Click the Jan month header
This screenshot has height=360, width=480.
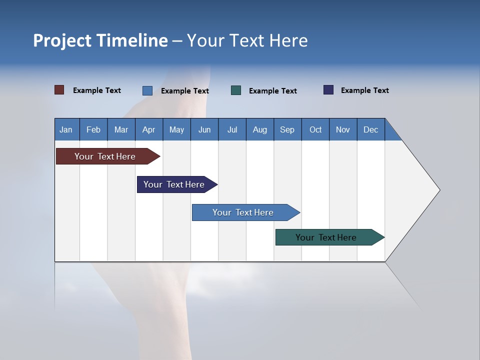click(66, 130)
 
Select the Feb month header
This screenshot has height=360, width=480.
click(93, 130)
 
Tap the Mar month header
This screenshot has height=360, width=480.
click(121, 130)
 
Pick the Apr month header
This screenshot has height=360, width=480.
click(149, 130)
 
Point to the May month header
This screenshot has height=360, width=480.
click(176, 130)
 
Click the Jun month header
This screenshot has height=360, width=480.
click(204, 130)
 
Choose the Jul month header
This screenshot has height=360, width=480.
click(232, 130)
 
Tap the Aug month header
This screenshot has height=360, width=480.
click(260, 130)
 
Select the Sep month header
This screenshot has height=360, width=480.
click(287, 130)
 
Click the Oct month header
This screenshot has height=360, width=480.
click(315, 130)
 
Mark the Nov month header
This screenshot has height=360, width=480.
click(343, 130)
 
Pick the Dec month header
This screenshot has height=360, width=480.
click(371, 130)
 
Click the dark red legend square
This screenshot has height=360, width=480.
click(59, 90)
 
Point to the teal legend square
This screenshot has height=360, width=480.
click(236, 90)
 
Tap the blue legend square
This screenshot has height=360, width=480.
click(147, 90)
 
